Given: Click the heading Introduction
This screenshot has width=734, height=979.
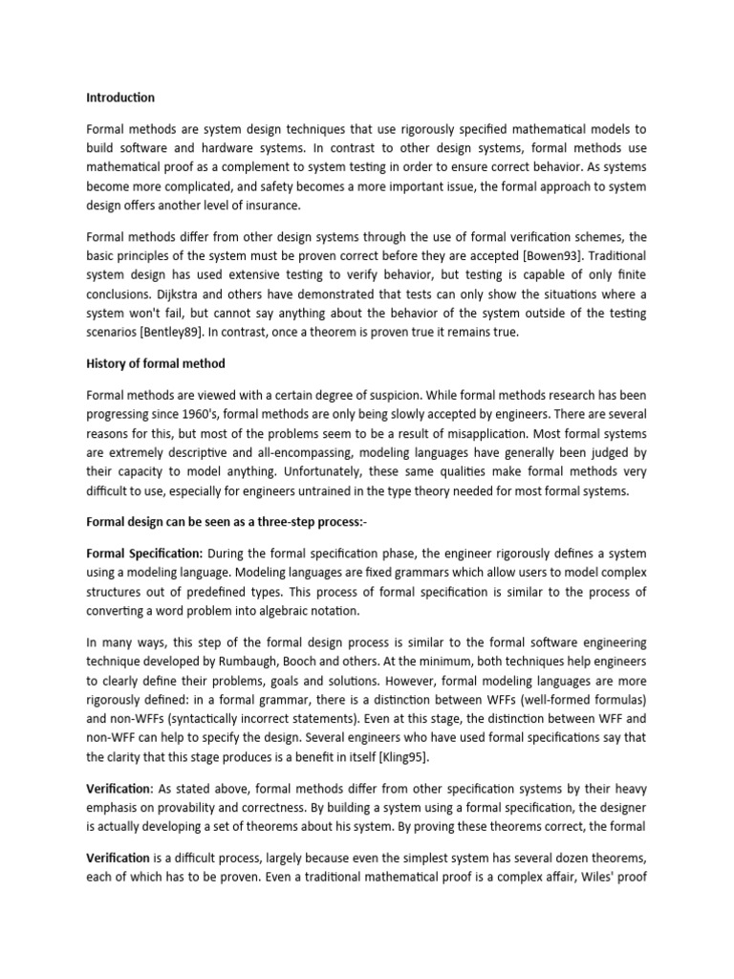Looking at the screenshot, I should pyautogui.click(x=120, y=98).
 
